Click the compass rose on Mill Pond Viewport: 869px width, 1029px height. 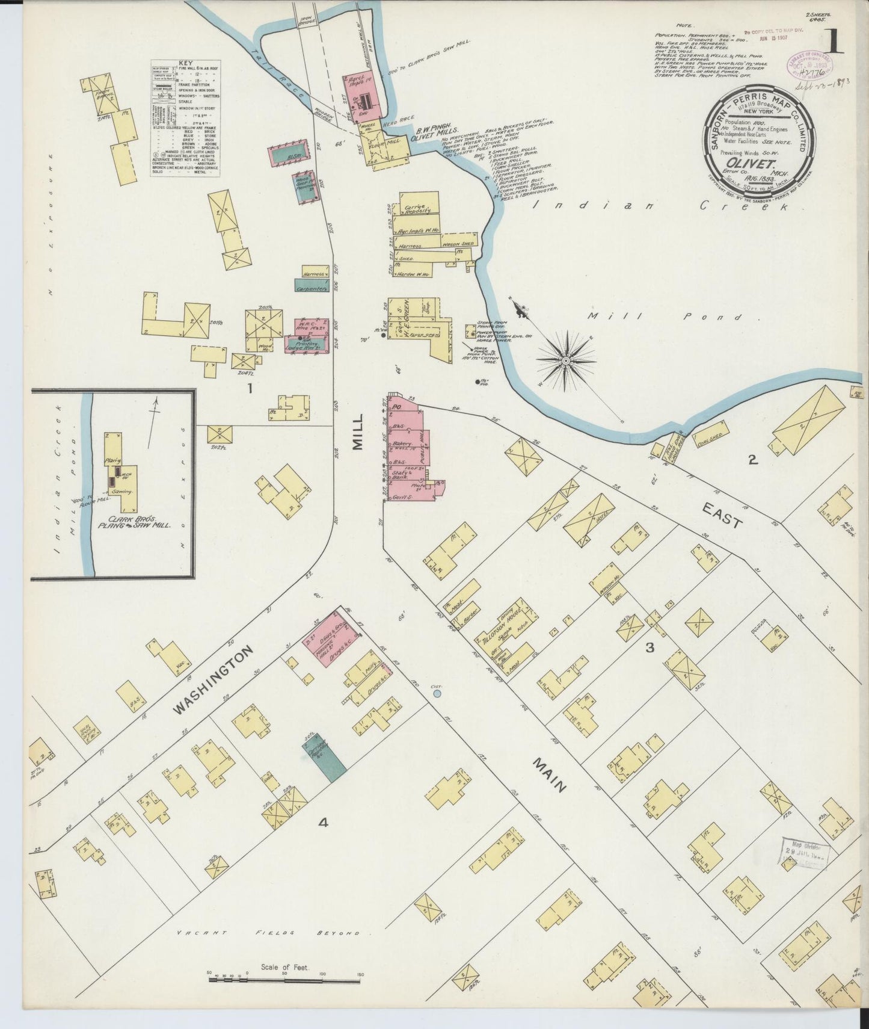tap(566, 360)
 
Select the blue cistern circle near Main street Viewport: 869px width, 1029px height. tap(437, 694)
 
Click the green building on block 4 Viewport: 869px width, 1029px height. tap(324, 759)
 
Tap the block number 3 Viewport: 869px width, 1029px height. tap(649, 647)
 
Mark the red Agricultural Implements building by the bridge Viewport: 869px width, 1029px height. tap(362, 97)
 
